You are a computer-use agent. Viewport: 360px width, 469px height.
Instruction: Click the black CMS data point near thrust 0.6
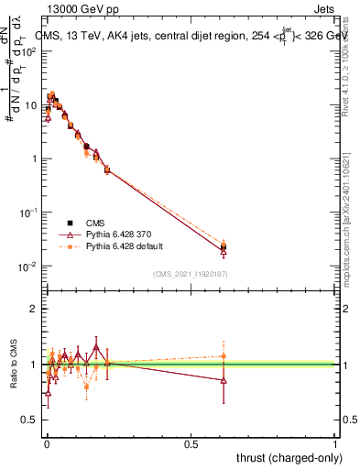point(224,246)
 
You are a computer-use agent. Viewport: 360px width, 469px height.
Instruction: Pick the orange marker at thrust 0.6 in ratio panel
point(224,356)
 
